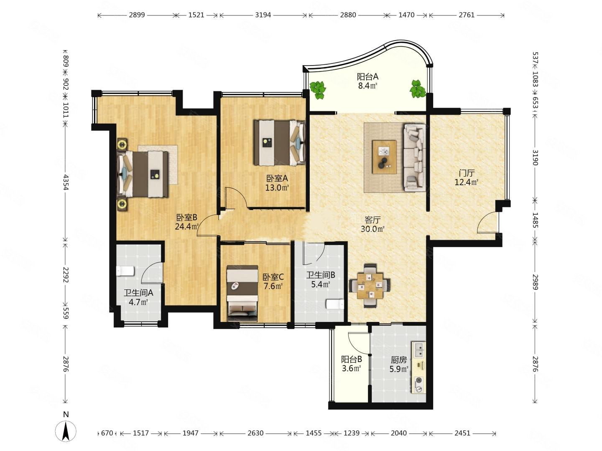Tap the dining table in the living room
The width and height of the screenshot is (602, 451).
[x=370, y=286]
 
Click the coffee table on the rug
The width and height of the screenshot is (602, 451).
[x=384, y=157]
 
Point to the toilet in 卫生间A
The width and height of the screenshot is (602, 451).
[x=125, y=271]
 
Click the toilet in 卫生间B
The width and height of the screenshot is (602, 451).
[x=335, y=304]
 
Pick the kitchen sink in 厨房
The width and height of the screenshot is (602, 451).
[x=419, y=350]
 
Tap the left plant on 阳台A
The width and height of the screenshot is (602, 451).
[x=318, y=90]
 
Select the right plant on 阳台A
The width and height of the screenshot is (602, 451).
[x=417, y=89]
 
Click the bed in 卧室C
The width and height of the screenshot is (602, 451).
[x=242, y=293]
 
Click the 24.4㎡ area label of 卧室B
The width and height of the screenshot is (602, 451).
[x=187, y=227]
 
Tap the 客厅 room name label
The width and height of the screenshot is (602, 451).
[x=372, y=220]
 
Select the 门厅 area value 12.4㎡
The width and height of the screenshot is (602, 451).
[x=467, y=182]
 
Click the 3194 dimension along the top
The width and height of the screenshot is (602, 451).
[x=263, y=15]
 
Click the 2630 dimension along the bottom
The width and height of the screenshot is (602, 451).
[x=255, y=433]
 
